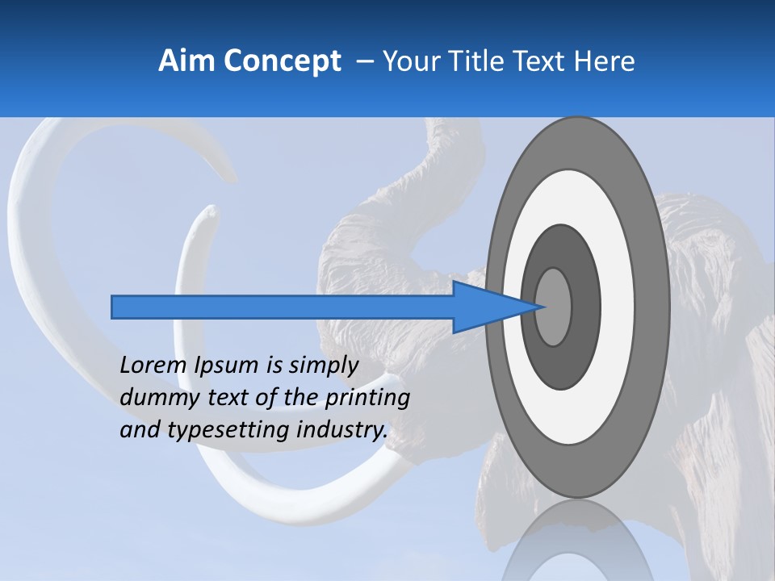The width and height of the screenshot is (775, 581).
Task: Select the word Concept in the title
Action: click(x=282, y=62)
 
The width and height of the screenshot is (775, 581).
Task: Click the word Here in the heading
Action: click(x=604, y=61)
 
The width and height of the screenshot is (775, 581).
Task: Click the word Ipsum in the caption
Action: click(x=227, y=365)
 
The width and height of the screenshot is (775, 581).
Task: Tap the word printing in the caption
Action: click(x=367, y=397)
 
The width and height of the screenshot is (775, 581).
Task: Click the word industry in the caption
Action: click(x=342, y=429)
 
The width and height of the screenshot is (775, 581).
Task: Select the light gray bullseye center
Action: click(x=554, y=307)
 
